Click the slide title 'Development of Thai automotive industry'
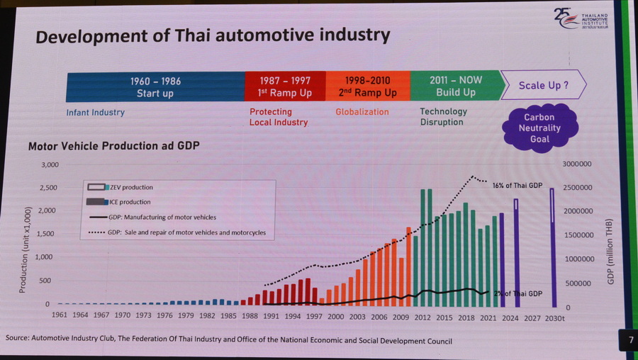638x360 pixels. (x=213, y=35)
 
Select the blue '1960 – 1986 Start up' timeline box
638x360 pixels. (x=155, y=86)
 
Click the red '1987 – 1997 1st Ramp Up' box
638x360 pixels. (x=285, y=86)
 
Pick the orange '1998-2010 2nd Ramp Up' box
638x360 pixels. (x=366, y=86)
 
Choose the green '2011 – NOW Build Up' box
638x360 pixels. (x=455, y=86)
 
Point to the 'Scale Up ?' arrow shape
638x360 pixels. (x=543, y=85)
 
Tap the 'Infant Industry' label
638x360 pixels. (x=95, y=112)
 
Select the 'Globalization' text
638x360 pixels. (x=362, y=112)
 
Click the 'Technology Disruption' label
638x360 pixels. (x=443, y=116)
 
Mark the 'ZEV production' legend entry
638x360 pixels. (x=131, y=187)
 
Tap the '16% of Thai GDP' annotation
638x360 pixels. (x=517, y=186)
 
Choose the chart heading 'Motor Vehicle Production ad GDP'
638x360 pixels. (x=113, y=146)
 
